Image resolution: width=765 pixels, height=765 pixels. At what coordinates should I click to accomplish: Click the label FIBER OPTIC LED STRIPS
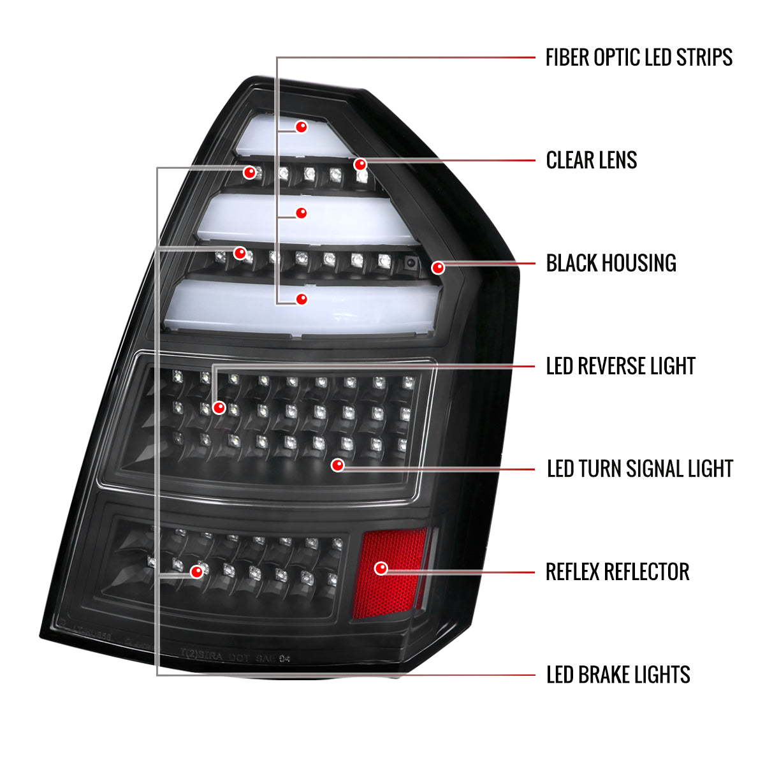pyautogui.click(x=639, y=57)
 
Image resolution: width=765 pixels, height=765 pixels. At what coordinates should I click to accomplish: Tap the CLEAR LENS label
pyautogui.click(x=592, y=160)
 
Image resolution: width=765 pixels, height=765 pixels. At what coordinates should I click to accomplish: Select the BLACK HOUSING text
pyautogui.click(x=611, y=263)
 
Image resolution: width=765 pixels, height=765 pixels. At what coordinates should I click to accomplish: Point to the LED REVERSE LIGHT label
pyautogui.click(x=620, y=366)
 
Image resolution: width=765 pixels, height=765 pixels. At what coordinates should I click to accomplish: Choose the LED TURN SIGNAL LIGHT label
pyautogui.click(x=640, y=469)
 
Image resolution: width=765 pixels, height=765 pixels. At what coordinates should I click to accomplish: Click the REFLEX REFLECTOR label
pyautogui.click(x=617, y=572)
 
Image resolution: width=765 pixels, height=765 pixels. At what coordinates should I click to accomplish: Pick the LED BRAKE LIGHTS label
pyautogui.click(x=618, y=674)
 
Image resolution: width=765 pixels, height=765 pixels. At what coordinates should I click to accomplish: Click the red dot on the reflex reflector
pyautogui.click(x=381, y=568)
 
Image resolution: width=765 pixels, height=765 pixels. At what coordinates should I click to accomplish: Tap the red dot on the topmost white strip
pyautogui.click(x=302, y=127)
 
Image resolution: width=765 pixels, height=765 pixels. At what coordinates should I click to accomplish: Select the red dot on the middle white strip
pyautogui.click(x=302, y=213)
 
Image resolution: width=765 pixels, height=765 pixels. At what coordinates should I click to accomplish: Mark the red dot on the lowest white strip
pyautogui.click(x=302, y=298)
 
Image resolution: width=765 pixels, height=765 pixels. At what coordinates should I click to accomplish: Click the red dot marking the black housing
pyautogui.click(x=437, y=268)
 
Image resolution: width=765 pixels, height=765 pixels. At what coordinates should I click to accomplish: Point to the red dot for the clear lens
pyautogui.click(x=361, y=164)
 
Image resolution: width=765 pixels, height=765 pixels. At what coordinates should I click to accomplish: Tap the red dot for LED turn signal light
pyautogui.click(x=338, y=465)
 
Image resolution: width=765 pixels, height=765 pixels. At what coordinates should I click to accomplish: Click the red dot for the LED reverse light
pyautogui.click(x=219, y=407)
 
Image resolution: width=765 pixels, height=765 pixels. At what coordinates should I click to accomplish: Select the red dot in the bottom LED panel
pyautogui.click(x=197, y=572)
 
